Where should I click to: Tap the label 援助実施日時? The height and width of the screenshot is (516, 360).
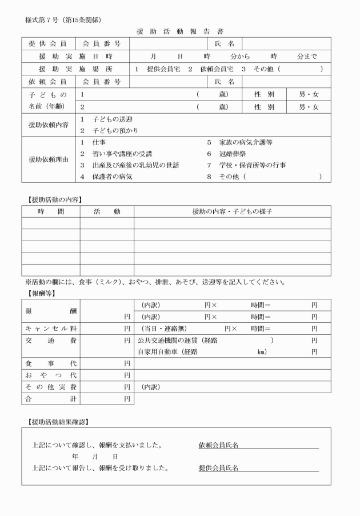(75, 57)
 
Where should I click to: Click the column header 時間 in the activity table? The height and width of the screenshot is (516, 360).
(50, 211)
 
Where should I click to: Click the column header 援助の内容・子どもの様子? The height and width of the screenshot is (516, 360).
(232, 211)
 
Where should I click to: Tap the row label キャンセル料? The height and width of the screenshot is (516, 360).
(50, 329)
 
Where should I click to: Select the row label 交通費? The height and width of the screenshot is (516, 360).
(50, 341)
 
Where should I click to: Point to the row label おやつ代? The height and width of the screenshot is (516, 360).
(50, 375)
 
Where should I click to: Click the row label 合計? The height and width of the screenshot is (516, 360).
(50, 398)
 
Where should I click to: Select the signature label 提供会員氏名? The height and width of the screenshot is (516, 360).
(219, 468)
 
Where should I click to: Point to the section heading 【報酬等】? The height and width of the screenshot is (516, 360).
(41, 293)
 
